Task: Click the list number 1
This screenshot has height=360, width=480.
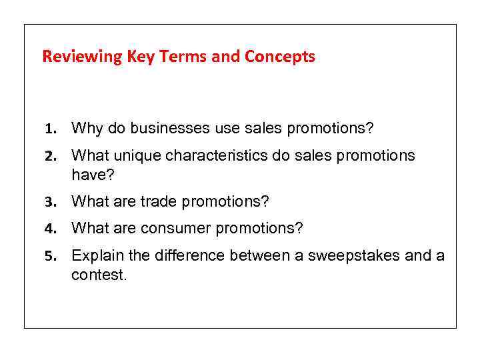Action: [49, 128]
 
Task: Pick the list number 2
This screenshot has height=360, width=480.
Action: [49, 157]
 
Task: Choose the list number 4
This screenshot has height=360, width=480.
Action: [49, 229]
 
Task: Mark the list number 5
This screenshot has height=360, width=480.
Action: [49, 257]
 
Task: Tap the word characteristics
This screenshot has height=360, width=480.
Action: [215, 156]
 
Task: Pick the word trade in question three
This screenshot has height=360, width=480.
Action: [159, 201]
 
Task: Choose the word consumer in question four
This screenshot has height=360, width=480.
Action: [174, 229]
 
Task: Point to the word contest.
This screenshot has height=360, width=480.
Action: [98, 274]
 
